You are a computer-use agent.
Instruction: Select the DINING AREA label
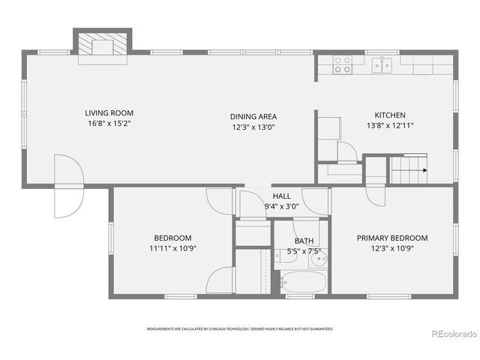coord(253,116)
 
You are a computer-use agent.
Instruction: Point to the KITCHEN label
coord(390,115)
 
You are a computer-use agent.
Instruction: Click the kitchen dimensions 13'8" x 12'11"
coord(390,126)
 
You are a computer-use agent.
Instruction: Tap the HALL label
coord(281,196)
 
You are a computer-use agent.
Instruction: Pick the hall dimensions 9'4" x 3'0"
coord(281,206)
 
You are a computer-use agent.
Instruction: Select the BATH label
coord(304,241)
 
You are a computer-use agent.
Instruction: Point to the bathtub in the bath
coord(303,283)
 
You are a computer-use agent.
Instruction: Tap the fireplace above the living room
coord(102,45)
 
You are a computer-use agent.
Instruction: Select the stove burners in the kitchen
coord(342,65)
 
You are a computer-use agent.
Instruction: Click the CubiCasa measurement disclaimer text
coord(240,328)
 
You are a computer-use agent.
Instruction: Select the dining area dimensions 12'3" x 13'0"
coord(253,127)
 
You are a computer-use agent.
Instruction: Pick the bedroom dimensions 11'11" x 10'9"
coord(173,248)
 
